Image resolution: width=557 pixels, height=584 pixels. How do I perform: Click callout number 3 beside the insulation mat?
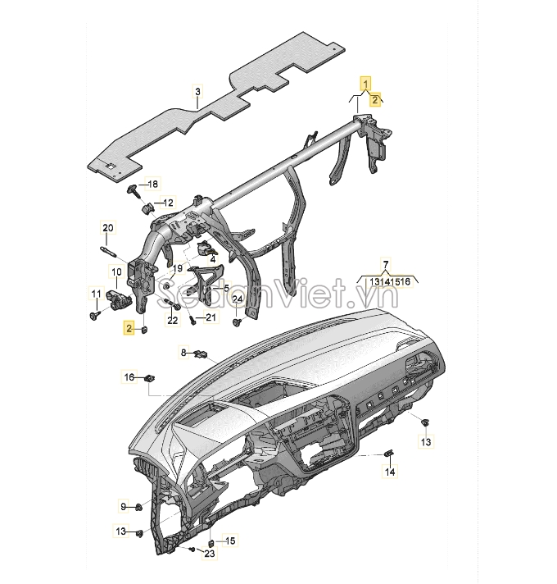[197, 91]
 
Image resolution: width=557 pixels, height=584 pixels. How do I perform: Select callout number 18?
[152, 184]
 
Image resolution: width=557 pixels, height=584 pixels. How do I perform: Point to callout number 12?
[168, 203]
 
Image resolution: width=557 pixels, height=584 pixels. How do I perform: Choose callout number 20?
[107, 227]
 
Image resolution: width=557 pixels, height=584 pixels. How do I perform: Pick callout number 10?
[117, 271]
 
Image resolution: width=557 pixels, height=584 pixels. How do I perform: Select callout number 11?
[97, 294]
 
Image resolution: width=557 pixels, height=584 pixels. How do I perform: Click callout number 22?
[173, 320]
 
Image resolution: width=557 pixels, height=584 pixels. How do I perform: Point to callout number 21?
[211, 317]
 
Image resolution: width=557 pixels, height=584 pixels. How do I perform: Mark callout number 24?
[238, 299]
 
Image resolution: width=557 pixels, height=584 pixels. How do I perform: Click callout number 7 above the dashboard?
[386, 265]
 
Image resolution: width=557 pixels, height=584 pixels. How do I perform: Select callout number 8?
[183, 353]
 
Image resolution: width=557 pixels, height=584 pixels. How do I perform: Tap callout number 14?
[390, 472]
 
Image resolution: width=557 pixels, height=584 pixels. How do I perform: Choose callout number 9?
[124, 507]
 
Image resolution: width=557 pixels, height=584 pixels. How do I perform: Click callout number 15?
[230, 541]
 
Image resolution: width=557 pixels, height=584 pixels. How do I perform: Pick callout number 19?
[178, 268]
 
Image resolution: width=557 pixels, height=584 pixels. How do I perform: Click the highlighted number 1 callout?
[366, 84]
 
